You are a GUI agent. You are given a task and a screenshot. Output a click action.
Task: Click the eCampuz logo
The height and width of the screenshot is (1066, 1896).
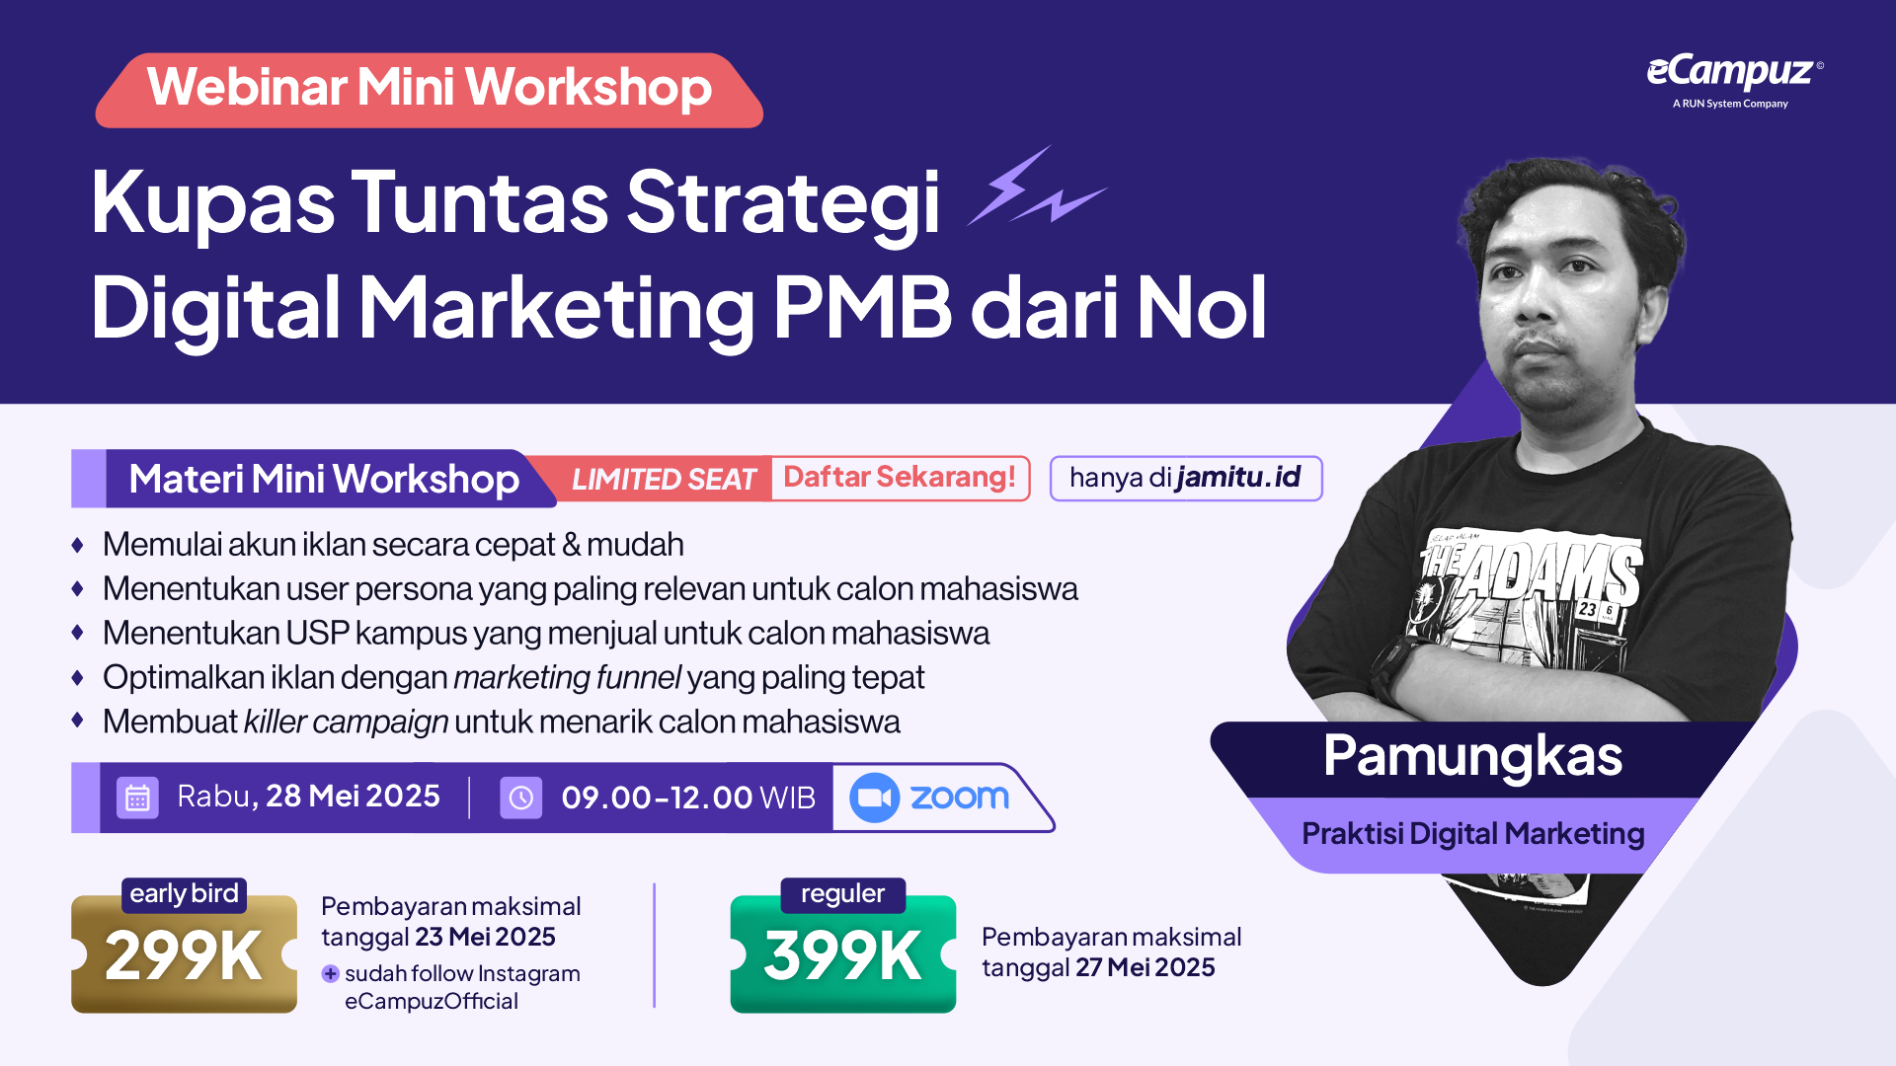tap(1734, 80)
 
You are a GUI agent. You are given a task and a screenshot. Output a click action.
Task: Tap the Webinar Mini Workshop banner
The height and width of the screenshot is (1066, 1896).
tap(429, 90)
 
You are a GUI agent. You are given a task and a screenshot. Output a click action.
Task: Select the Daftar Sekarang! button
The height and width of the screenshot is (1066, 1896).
tap(900, 478)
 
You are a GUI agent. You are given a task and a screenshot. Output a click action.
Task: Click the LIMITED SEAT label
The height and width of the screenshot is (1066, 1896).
tap(664, 480)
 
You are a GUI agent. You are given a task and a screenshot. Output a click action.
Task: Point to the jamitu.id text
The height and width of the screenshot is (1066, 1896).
tap(1238, 478)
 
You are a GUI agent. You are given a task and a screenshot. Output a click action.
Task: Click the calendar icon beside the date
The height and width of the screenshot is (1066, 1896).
tap(137, 798)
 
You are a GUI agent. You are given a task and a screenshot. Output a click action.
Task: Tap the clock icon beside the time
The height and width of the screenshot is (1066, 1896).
tap(520, 798)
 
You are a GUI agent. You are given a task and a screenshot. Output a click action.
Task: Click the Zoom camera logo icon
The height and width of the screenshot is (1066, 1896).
tap(874, 798)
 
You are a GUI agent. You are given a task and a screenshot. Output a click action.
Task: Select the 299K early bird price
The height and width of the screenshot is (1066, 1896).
tap(184, 954)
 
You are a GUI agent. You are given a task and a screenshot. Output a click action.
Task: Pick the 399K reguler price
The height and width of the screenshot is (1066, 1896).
tap(842, 954)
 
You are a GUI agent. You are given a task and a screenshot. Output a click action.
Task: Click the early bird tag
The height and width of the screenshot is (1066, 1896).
tap(184, 894)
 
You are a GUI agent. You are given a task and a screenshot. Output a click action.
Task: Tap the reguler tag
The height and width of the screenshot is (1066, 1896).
tap(842, 894)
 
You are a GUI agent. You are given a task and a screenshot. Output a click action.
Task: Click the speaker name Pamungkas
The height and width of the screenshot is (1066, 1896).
tap(1472, 756)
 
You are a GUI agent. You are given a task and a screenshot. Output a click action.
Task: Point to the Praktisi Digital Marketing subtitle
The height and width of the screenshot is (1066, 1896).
tap(1472, 834)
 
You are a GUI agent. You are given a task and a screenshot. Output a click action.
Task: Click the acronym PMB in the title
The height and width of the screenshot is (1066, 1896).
tap(862, 308)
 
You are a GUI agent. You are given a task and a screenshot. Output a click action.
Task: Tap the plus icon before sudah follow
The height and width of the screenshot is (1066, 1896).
tap(331, 974)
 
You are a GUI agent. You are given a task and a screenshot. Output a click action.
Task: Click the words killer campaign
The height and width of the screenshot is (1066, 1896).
tap(346, 723)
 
